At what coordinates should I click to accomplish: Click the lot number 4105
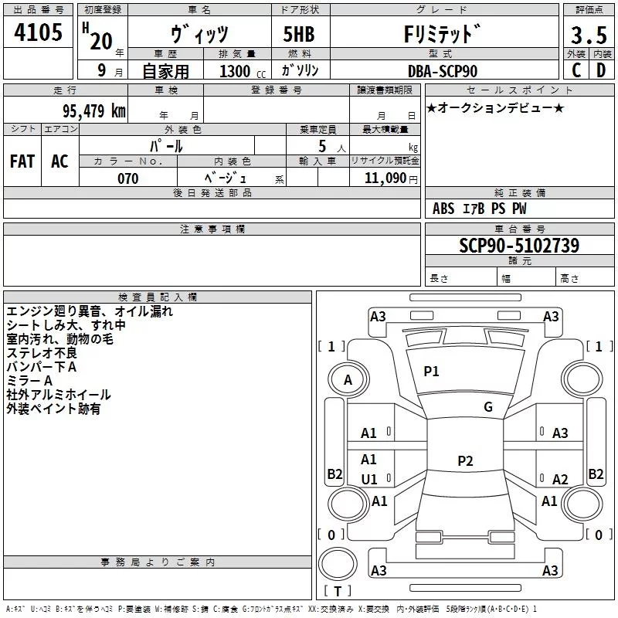click(x=38, y=32)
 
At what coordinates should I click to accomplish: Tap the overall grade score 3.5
click(x=589, y=36)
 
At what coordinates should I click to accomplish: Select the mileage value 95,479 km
click(x=93, y=111)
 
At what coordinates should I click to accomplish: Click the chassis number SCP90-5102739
click(x=519, y=246)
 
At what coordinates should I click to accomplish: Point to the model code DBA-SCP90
click(x=442, y=71)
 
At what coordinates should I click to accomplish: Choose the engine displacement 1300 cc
click(x=243, y=71)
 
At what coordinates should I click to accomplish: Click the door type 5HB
click(x=299, y=34)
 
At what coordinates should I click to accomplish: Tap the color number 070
click(x=128, y=178)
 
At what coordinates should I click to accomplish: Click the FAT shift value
click(x=22, y=161)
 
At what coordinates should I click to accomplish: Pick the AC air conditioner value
click(x=60, y=161)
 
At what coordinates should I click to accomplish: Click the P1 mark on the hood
click(x=431, y=372)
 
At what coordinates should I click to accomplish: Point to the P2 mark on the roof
click(x=465, y=460)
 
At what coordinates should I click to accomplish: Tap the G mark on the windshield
click(x=488, y=407)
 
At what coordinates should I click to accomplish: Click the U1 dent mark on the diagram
click(x=369, y=480)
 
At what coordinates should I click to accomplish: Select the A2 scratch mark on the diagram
click(x=560, y=479)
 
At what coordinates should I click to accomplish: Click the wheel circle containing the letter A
click(x=348, y=380)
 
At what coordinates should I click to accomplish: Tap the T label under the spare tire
click(x=338, y=591)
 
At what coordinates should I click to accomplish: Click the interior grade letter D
click(x=601, y=70)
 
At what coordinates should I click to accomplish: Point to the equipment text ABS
click(x=443, y=209)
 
